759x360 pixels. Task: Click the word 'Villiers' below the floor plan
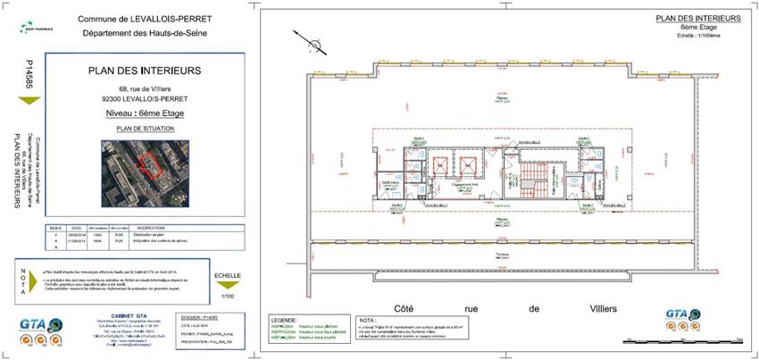pyautogui.click(x=609, y=308)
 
